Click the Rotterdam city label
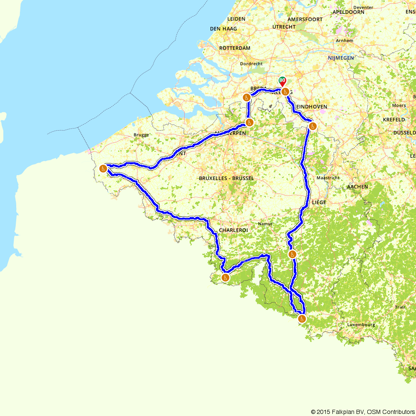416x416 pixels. click(x=235, y=48)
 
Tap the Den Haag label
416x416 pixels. click(x=223, y=29)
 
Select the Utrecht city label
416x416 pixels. click(x=284, y=27)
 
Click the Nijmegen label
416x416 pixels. click(x=340, y=58)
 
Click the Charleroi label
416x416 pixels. click(x=233, y=230)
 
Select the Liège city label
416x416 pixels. click(x=319, y=202)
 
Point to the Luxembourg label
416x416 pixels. click(x=361, y=325)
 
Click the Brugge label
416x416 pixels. click(x=141, y=135)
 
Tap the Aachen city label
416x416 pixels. click(x=357, y=187)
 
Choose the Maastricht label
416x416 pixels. click(x=328, y=178)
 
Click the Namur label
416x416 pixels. click(x=265, y=224)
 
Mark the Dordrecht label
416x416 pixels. click(x=251, y=64)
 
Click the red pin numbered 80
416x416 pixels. click(x=282, y=81)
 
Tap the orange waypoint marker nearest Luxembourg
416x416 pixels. click(x=302, y=319)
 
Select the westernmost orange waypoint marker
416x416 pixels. click(x=103, y=168)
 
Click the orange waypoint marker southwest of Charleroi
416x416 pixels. click(x=225, y=277)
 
